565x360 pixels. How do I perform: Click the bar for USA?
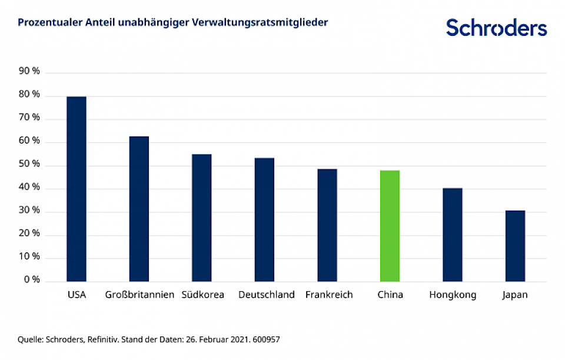point(77,188)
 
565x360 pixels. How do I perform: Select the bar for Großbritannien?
point(139,208)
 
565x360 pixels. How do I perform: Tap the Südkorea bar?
point(202,217)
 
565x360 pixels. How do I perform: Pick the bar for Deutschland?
point(264,219)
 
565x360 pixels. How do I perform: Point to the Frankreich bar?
point(327,225)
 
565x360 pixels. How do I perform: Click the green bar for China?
point(390,225)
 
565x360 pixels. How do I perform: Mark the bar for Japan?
point(515,245)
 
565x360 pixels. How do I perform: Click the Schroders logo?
point(496,27)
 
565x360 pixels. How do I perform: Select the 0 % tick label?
point(32,280)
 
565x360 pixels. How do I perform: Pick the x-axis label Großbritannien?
point(139,295)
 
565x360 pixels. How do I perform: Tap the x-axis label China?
point(390,295)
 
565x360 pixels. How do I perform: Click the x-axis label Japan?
point(515,295)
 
